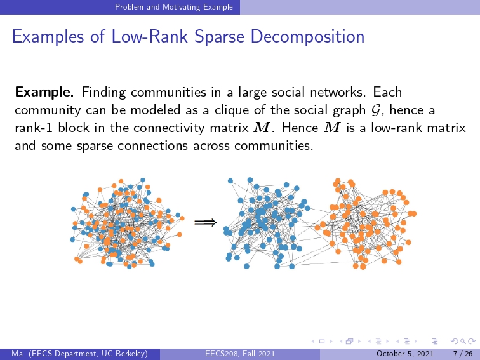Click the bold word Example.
pyautogui.click(x=44, y=92)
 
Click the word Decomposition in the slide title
pyautogui.click(x=307, y=37)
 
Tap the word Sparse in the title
pyautogui.click(x=219, y=37)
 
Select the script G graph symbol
pyautogui.click(x=375, y=110)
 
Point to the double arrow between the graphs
pyautogui.click(x=206, y=222)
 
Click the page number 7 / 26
pyautogui.click(x=463, y=354)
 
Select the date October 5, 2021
pyautogui.click(x=404, y=354)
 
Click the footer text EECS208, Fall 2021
pyautogui.click(x=240, y=354)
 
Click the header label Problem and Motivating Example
pyautogui.click(x=174, y=7)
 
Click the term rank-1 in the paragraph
pyautogui.click(x=34, y=128)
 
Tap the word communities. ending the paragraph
pyautogui.click(x=274, y=145)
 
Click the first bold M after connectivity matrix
pyautogui.click(x=261, y=128)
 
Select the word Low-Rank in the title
pyautogui.click(x=150, y=37)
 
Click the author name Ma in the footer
pyautogui.click(x=17, y=354)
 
